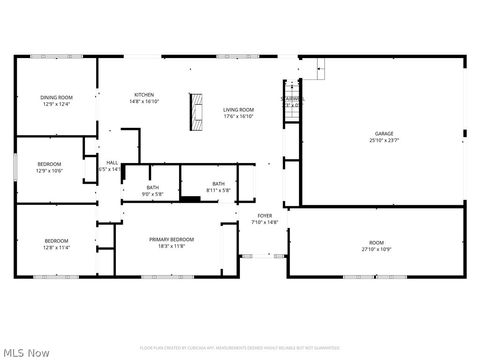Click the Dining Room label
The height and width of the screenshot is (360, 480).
56,97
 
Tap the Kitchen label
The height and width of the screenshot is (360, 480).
144,95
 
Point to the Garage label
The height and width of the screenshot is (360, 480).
384,133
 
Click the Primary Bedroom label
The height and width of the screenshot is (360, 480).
171,239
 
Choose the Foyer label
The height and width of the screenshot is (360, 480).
265,215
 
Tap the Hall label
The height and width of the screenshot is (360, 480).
112,163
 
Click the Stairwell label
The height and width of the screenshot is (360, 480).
293,99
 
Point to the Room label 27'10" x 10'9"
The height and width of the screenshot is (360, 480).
376,243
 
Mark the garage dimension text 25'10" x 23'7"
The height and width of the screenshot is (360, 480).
384,139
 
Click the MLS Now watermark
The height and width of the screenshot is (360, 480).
27,352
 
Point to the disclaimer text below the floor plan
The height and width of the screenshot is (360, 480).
239,348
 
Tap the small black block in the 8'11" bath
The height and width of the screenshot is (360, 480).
190,199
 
